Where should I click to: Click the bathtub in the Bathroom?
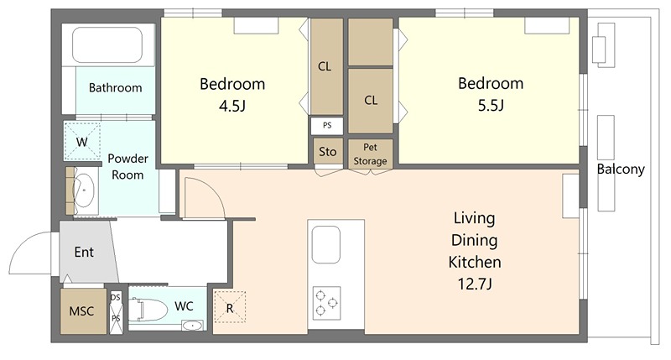pos(107,45)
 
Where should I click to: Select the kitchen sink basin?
pos(326,245)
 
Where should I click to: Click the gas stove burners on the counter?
pos(326,303)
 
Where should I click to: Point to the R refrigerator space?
pos(230,307)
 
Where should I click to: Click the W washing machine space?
pos(81,141)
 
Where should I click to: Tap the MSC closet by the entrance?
pos(83,311)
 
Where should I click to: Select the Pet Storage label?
pos(370,154)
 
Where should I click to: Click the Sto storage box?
pos(328,152)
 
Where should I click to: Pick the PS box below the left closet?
pos(327,125)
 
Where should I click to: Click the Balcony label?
pos(621,170)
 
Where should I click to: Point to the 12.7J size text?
pos(475,284)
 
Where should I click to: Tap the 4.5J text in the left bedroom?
pos(232,106)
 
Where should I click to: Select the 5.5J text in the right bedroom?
pos(491,105)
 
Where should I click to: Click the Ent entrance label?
pos(84,252)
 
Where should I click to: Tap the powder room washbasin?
pos(84,190)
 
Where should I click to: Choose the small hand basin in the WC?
pos(192,326)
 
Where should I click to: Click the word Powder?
pos(128,159)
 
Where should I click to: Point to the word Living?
pos(474,219)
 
